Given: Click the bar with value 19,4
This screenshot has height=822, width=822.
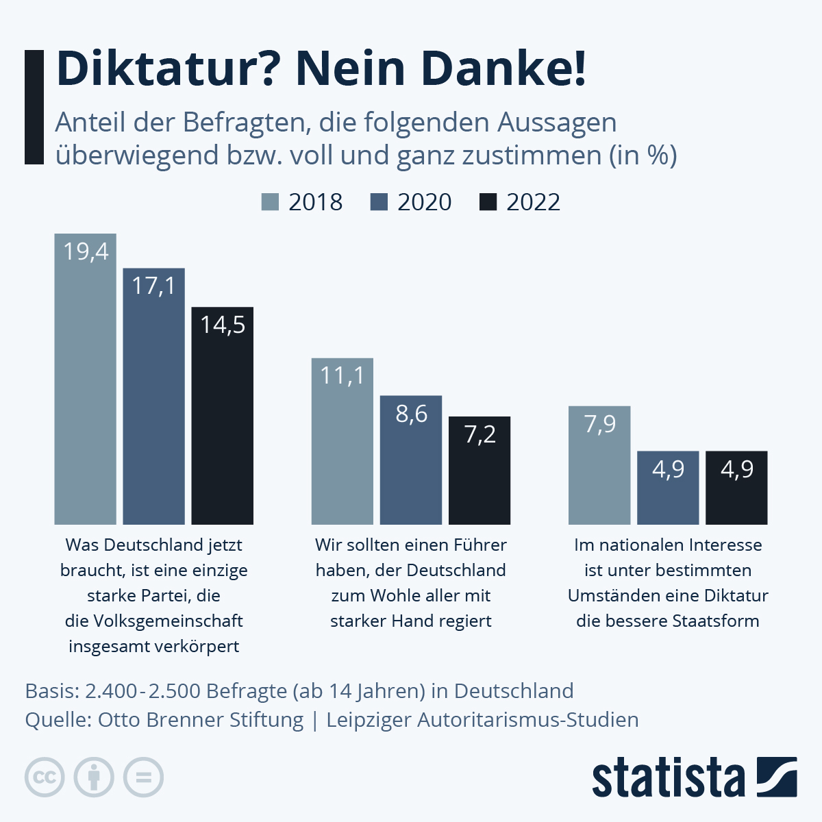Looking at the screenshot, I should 86,384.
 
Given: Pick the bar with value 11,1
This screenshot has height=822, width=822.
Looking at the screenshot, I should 342,445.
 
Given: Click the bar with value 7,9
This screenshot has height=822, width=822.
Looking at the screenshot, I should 599,469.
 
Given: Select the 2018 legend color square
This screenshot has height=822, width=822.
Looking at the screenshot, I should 271,202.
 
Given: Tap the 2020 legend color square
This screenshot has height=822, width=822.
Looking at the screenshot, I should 379,202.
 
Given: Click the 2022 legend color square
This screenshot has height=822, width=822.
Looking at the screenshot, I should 488,202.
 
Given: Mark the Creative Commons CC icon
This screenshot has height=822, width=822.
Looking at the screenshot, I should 45,777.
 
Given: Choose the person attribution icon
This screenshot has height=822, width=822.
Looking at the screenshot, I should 94,777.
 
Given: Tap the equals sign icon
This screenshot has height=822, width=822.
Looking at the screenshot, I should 143,777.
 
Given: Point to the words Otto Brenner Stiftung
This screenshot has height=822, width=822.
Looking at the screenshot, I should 201,720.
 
